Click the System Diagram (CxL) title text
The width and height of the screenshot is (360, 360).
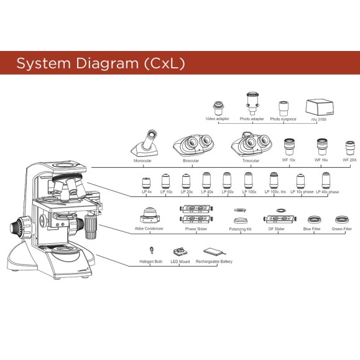100,63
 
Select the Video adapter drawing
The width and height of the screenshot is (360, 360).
218,107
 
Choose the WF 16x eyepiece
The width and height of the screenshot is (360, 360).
321,147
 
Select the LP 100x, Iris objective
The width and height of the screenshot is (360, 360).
274,181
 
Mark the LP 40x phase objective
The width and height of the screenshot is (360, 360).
325,181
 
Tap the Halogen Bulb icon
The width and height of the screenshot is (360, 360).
151,251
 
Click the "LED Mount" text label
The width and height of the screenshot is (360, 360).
181,262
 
